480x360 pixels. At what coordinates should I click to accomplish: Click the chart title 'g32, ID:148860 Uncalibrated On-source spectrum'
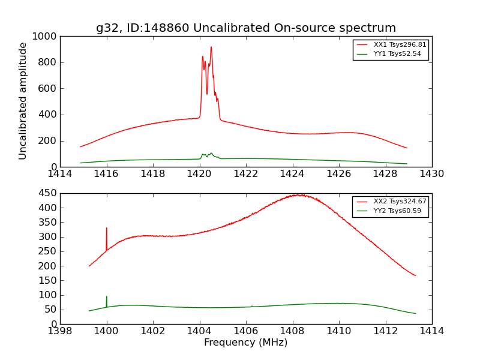point(246,28)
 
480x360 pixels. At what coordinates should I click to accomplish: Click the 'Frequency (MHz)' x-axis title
point(246,343)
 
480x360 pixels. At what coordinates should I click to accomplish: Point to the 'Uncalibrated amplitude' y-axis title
point(23,101)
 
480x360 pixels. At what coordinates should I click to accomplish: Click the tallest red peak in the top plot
point(211,47)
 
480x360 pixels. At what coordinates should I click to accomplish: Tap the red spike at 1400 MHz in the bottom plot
point(107,229)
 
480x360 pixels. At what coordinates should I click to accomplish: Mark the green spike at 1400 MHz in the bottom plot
point(107,297)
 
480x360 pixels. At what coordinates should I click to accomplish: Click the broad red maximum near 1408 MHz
point(298,195)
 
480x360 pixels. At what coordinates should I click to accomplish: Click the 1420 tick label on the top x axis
point(200,174)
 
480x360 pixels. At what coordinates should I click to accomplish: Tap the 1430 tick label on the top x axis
point(432,174)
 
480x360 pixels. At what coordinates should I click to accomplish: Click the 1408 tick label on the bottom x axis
point(293,331)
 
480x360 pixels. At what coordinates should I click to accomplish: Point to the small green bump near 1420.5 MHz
point(211,154)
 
